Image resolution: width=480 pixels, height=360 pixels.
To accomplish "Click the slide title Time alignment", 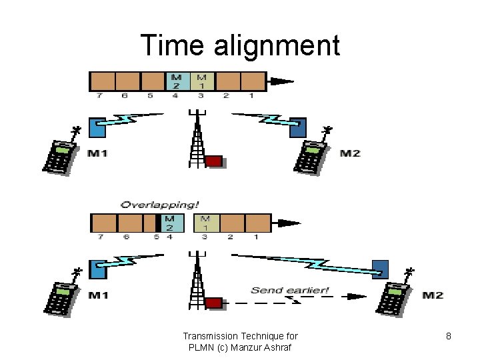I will [240, 45].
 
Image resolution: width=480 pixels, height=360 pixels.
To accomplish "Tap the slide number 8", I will [449, 336].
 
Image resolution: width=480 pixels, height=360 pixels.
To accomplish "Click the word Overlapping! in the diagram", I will [160, 205].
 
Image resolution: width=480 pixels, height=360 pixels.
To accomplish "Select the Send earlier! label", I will [290, 290].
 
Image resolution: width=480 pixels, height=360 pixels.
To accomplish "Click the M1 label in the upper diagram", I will [97, 154].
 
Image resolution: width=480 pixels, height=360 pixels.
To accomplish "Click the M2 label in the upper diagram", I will [349, 154].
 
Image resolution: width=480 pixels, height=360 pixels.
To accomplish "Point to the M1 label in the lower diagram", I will [97, 295].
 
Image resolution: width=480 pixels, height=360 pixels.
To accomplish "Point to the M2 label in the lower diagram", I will [432, 295].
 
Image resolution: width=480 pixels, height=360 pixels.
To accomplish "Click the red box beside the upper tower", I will [214, 161].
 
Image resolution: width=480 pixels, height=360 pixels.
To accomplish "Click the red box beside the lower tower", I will [214, 303].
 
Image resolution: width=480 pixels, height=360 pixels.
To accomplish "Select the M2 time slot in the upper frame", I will [177, 81].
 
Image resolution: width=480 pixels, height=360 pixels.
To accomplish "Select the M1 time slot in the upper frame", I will [202, 81].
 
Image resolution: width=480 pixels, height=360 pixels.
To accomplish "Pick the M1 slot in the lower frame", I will [205, 223].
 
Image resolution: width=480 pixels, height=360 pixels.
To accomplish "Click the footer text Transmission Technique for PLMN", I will [240, 341].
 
